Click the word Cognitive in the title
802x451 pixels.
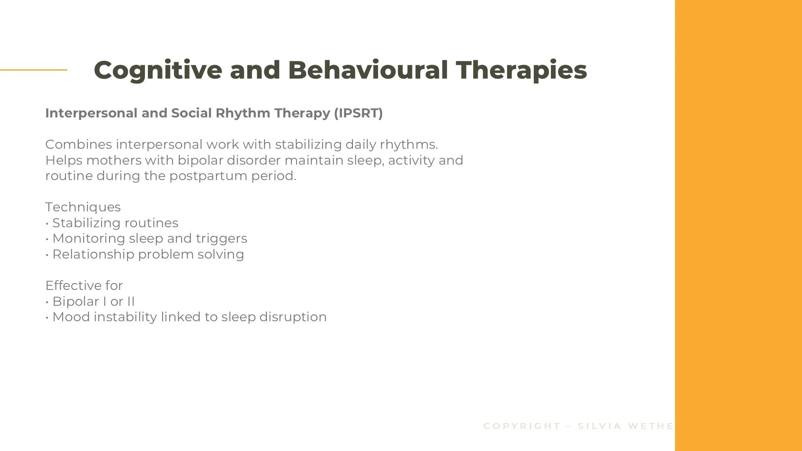coord(158,70)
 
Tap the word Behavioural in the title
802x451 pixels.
coord(368,70)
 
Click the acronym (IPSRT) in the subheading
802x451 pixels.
coord(358,113)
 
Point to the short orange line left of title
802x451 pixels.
coord(33,70)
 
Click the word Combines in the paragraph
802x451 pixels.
coord(79,144)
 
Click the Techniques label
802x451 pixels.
coord(83,207)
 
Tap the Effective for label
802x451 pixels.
coord(84,286)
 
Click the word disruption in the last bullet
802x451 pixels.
coord(293,317)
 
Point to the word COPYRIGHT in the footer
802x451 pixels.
coord(522,426)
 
